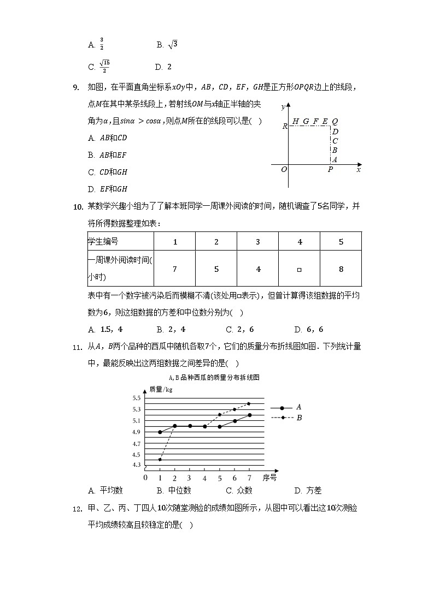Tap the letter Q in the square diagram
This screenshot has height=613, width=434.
click(335, 121)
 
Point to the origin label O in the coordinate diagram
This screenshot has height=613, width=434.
click(284, 170)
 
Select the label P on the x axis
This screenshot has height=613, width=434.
click(330, 170)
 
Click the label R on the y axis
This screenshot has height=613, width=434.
click(285, 126)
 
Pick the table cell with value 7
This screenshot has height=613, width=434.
click(174, 269)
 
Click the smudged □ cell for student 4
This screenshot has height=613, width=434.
click(299, 269)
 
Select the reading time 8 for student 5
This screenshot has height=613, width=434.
click(341, 269)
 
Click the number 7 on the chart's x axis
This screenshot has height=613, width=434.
click(249, 477)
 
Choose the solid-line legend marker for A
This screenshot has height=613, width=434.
click(282, 407)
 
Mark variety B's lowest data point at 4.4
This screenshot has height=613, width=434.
click(160, 460)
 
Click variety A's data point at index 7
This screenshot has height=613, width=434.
click(249, 415)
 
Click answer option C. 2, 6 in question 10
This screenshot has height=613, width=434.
click(239, 329)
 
